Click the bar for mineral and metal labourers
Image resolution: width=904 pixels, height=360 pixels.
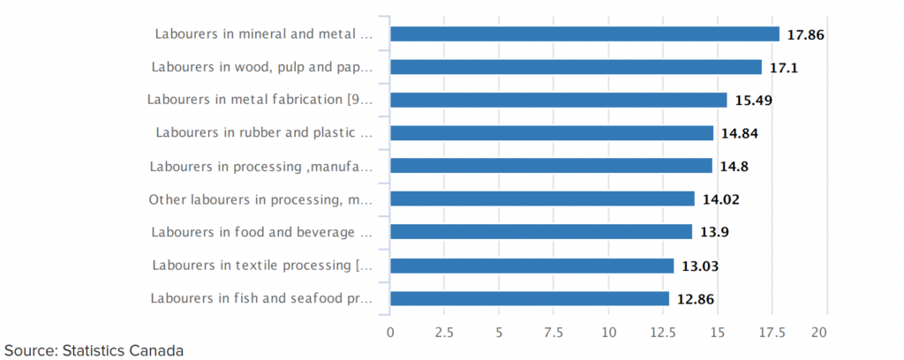pyautogui.click(x=584, y=34)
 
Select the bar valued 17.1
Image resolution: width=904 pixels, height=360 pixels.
pyautogui.click(x=576, y=67)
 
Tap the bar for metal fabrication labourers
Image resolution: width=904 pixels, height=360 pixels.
pyautogui.click(x=558, y=100)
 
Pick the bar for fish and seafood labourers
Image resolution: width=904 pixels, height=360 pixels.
pyautogui.click(x=530, y=298)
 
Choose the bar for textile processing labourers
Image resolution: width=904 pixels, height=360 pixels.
pyautogui.click(x=531, y=266)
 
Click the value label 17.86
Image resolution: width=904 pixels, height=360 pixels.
pyautogui.click(x=805, y=34)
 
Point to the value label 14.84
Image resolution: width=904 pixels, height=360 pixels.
pyautogui.click(x=740, y=133)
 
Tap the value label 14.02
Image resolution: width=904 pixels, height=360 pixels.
pyautogui.click(x=720, y=199)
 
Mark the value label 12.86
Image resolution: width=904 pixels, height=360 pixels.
pyautogui.click(x=696, y=298)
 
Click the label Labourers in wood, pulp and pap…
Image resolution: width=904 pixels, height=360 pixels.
pyautogui.click(x=262, y=67)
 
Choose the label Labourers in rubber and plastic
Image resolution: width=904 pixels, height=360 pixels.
pyautogui.click(x=264, y=133)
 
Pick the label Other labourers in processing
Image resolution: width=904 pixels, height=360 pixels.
pyautogui.click(x=260, y=199)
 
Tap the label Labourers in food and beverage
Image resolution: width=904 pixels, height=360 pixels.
pyautogui.click(x=262, y=232)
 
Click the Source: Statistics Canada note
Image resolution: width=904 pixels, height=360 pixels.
pyautogui.click(x=93, y=350)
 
